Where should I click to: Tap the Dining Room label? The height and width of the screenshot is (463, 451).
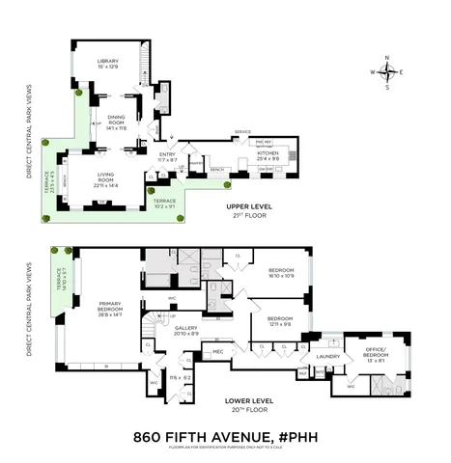(116, 119)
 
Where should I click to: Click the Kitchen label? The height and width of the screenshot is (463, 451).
(268, 152)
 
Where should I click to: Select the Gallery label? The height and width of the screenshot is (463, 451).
(186, 328)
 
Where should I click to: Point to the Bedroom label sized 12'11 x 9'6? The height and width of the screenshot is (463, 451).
(281, 322)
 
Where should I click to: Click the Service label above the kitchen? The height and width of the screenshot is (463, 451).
(242, 132)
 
